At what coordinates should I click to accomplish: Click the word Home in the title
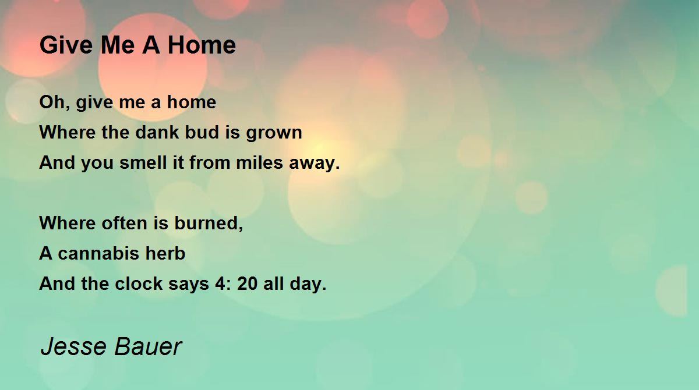click(202, 45)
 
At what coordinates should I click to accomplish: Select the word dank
click(158, 132)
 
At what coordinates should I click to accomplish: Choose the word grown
click(274, 133)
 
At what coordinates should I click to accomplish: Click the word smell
click(143, 162)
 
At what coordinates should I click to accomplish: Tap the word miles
click(259, 162)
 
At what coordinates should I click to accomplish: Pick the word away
click(314, 164)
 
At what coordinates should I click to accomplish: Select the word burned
click(209, 224)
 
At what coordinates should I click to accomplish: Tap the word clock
click(139, 283)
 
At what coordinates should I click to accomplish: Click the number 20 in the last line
click(248, 283)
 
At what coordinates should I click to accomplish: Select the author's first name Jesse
click(73, 346)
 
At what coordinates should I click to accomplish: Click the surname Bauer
click(148, 346)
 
